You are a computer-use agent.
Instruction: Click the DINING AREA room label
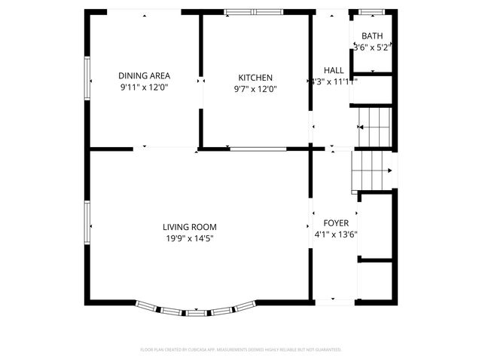pos(144,75)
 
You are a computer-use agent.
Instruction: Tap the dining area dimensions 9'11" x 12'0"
pos(144,87)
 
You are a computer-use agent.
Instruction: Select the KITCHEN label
pos(255,78)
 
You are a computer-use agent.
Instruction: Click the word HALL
pos(334,70)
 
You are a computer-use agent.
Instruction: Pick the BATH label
pos(372,36)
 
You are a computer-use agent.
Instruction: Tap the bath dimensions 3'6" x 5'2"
pos(373,48)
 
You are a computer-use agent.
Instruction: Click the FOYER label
pos(336,223)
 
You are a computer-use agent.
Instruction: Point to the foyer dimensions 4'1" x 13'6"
pos(336,235)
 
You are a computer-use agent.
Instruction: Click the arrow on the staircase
pos(389,171)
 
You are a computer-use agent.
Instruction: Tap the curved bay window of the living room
pos(197,311)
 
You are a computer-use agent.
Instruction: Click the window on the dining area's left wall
pos(87,78)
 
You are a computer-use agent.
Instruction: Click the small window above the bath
pos(370,11)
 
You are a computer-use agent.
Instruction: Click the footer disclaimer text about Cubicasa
pos(241,350)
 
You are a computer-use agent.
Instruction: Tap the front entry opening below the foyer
pos(334,302)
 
